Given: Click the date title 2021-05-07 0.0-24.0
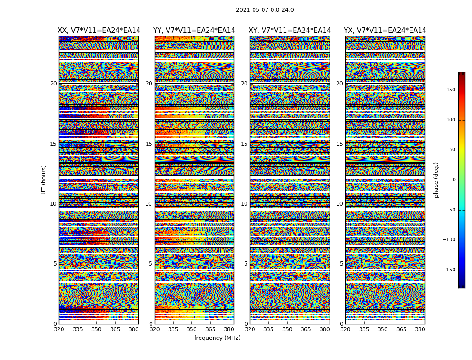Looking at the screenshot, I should tap(265, 10).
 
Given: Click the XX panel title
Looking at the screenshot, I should tap(99, 31).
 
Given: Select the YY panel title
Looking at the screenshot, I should tap(194, 31).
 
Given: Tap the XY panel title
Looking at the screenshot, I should tap(289, 31).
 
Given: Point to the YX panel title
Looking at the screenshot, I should tap(385, 31).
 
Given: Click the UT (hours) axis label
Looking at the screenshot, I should tap(44, 180).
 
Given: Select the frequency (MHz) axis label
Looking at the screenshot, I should tap(217, 338).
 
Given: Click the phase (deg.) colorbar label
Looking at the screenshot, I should tap(436, 180).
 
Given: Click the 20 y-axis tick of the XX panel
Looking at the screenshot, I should tap(53, 84).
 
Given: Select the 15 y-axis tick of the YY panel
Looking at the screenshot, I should tap(149, 144).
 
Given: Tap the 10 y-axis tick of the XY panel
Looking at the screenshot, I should tap(244, 204).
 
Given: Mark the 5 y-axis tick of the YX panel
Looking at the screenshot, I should tap(341, 264).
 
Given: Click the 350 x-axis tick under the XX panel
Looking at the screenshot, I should tap(96, 329).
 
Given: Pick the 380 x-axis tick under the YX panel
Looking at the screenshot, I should tap(420, 329).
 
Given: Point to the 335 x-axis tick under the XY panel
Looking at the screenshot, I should tap(268, 329).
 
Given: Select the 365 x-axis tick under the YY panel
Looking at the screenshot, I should tap(210, 329).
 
